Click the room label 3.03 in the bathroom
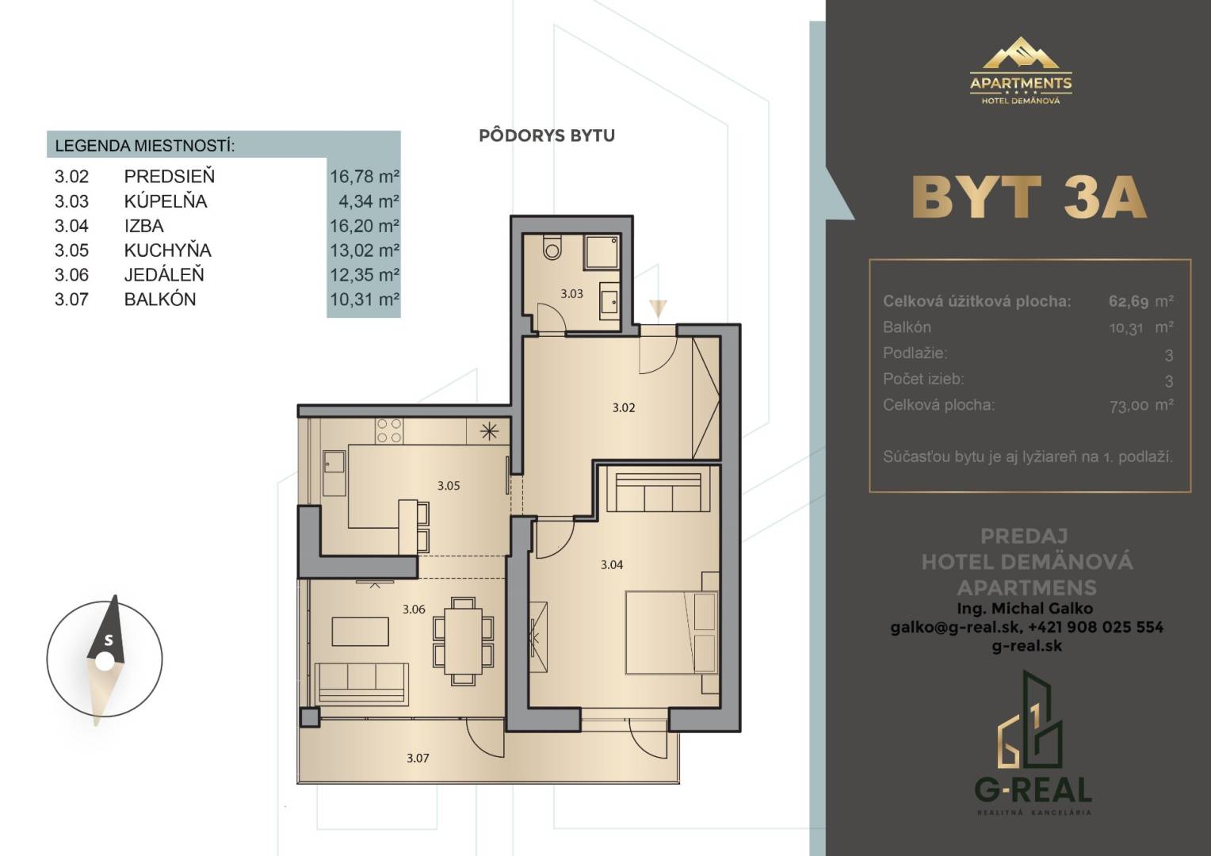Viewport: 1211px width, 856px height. [x=571, y=294]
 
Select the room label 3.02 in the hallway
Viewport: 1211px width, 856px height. [x=624, y=407]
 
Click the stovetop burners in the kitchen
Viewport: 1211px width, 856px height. [x=388, y=431]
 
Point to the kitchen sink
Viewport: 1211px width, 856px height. [x=334, y=473]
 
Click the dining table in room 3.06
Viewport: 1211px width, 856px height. [x=464, y=640]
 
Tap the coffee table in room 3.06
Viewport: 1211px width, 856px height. [x=360, y=632]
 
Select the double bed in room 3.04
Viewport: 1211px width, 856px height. [x=671, y=632]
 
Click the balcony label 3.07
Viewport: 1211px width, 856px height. [x=418, y=759]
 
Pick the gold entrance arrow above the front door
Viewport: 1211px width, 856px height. [x=658, y=308]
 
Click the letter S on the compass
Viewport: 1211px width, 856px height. [x=109, y=640]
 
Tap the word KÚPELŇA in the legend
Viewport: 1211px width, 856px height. [x=166, y=201]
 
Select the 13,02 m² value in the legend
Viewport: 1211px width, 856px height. [x=365, y=250]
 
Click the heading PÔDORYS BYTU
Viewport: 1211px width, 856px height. [x=547, y=136]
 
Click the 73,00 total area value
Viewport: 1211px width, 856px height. [x=1129, y=406]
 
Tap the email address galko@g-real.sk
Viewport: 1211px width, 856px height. [x=955, y=627]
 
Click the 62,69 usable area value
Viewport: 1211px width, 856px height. [x=1129, y=300]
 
